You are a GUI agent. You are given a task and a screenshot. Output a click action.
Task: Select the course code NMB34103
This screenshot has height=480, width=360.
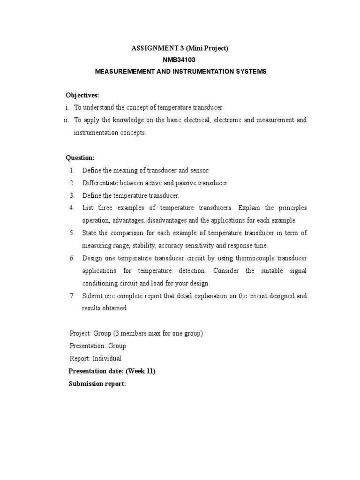pyautogui.click(x=180, y=60)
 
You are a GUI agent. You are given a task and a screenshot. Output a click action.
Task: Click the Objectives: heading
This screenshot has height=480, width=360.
pyautogui.click(x=82, y=95)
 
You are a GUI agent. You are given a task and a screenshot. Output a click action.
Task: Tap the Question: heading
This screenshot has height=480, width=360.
pyautogui.click(x=80, y=158)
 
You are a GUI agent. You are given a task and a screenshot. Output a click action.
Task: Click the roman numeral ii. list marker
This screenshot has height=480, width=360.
pyautogui.click(x=67, y=120)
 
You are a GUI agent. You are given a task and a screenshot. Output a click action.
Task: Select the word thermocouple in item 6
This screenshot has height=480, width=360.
pyautogui.click(x=256, y=258)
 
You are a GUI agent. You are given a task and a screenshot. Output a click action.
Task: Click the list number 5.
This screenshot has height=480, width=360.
pyautogui.click(x=72, y=233)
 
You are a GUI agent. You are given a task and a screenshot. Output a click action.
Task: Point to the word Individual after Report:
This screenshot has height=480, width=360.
pyautogui.click(x=107, y=359)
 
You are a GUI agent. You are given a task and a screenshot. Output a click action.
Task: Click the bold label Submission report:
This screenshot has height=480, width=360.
pyautogui.click(x=97, y=384)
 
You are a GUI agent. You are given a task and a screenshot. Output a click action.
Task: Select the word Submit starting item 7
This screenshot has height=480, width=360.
pyautogui.click(x=92, y=296)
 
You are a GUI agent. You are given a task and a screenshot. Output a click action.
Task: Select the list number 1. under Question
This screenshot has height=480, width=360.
pyautogui.click(x=72, y=171)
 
